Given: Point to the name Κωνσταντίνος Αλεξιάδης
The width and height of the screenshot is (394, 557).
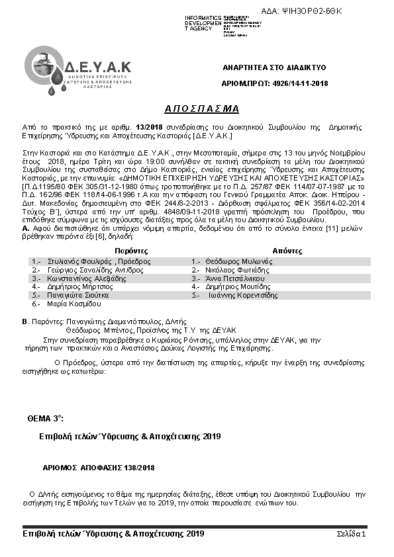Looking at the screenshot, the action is coord(86,278).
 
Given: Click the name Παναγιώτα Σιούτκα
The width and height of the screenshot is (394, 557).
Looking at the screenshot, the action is coord(80,296).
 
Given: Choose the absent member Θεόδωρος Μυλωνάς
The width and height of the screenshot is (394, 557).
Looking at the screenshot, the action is coord(238,261).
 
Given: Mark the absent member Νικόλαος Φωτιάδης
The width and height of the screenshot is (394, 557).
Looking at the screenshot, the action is coord(239,270).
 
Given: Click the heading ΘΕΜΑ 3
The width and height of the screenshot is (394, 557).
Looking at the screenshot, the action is coord(46,419).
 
